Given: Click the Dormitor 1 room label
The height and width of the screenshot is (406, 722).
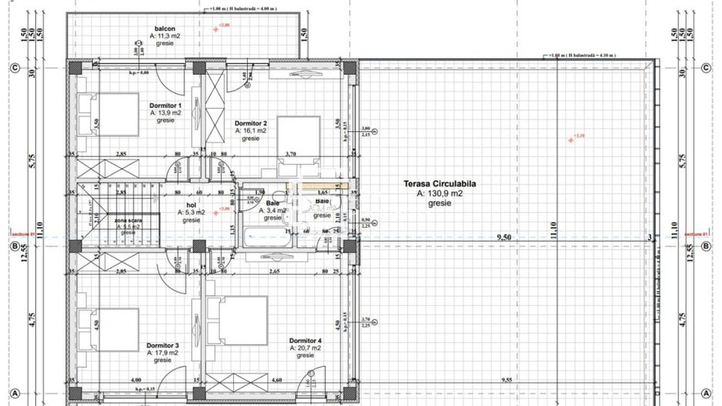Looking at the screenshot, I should click(x=165, y=105).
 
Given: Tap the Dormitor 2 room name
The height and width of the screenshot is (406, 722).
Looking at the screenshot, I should click(x=251, y=123).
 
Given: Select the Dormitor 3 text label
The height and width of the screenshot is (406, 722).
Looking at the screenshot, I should click(x=163, y=345).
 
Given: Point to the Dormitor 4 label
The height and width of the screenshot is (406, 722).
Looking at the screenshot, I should click(x=306, y=341).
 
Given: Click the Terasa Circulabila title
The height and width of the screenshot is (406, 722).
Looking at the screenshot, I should click(x=440, y=184).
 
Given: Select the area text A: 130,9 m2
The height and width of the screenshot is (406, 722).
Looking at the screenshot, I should click(x=440, y=194).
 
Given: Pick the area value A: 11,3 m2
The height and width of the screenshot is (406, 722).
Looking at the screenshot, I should click(x=165, y=35).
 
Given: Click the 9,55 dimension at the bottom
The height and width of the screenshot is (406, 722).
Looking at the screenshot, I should click(x=506, y=380).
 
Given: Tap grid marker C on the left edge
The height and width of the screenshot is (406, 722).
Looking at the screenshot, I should click(x=14, y=68).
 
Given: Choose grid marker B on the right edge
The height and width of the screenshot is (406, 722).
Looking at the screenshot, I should click(x=706, y=247).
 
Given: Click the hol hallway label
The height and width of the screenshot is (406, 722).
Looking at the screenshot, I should click(x=192, y=206).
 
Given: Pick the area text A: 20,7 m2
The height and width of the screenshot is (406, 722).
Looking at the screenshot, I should click(x=306, y=348).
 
